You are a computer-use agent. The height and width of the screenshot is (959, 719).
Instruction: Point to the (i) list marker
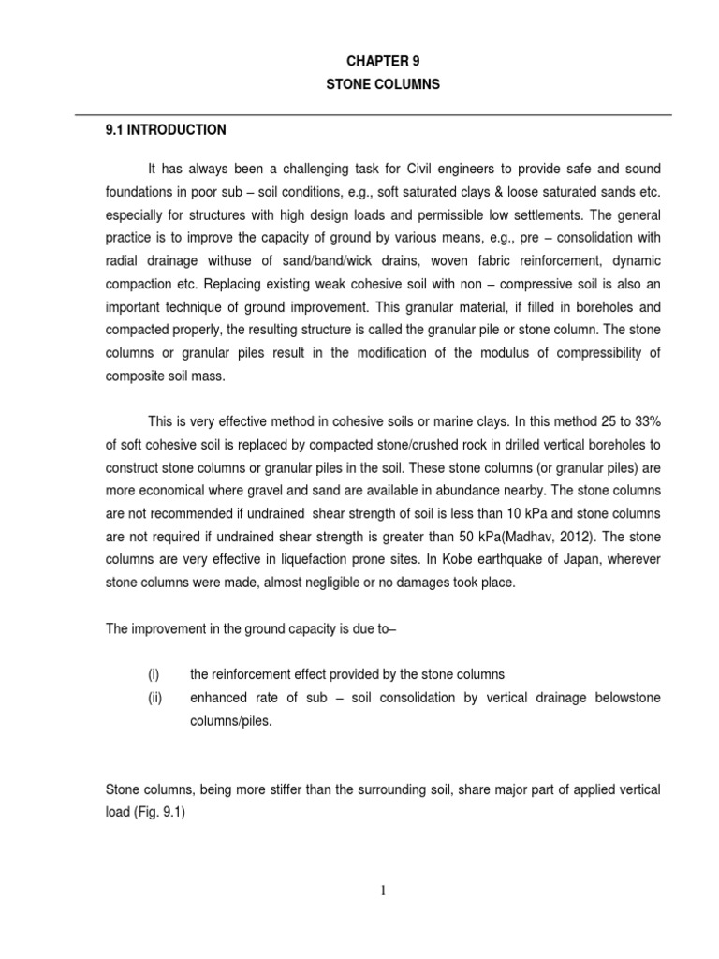(x=154, y=673)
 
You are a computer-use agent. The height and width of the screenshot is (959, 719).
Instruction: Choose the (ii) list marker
(x=154, y=698)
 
